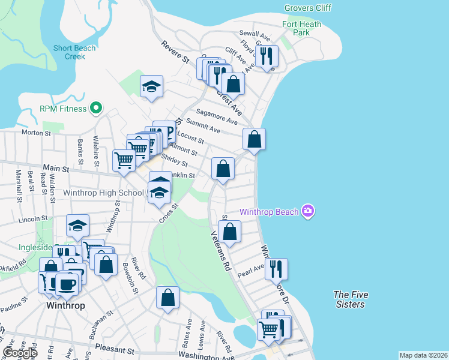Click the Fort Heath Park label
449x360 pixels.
point(302,28)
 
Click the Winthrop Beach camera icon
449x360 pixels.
point(308,211)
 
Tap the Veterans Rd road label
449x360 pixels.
point(220,250)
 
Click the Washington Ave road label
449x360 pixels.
point(206,357)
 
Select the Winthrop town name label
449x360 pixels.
point(65,305)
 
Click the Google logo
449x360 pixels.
point(20,353)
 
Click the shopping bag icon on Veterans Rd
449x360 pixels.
point(229,230)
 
